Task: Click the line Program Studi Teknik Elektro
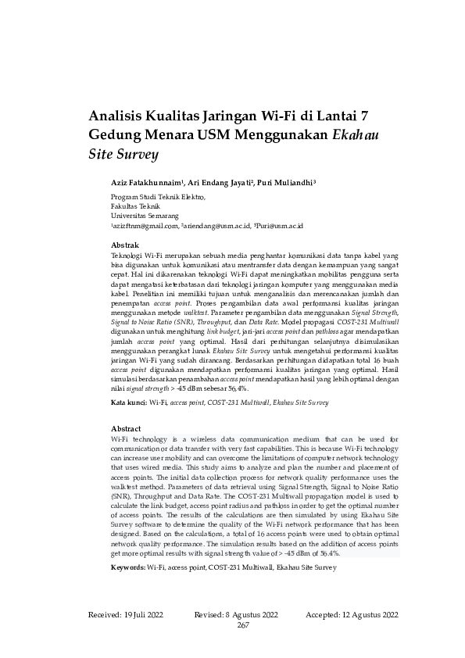point(159,197)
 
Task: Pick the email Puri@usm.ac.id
point(279,225)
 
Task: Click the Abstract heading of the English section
point(127,429)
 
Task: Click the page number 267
point(243,625)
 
